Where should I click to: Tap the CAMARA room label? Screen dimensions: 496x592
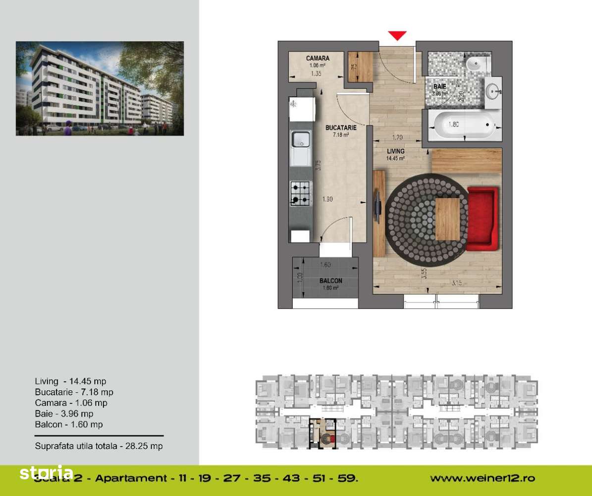coord(318,58)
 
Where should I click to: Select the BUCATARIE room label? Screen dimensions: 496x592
coord(338,127)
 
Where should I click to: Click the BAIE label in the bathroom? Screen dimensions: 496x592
coord(439,86)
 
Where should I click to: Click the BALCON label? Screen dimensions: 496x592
coord(330,281)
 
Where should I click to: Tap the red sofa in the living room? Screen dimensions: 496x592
coord(482,218)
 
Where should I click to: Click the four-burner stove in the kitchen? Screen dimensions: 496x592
coord(300,193)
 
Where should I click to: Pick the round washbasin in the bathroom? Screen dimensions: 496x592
coord(493,91)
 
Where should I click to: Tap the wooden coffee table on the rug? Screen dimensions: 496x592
coord(447,219)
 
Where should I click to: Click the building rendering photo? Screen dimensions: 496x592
coord(100,88)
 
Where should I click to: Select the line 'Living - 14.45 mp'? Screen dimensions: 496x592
coord(70,381)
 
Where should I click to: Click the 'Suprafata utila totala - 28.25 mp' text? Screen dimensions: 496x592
coord(99,446)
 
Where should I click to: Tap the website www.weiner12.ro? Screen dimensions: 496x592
coord(482,479)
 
